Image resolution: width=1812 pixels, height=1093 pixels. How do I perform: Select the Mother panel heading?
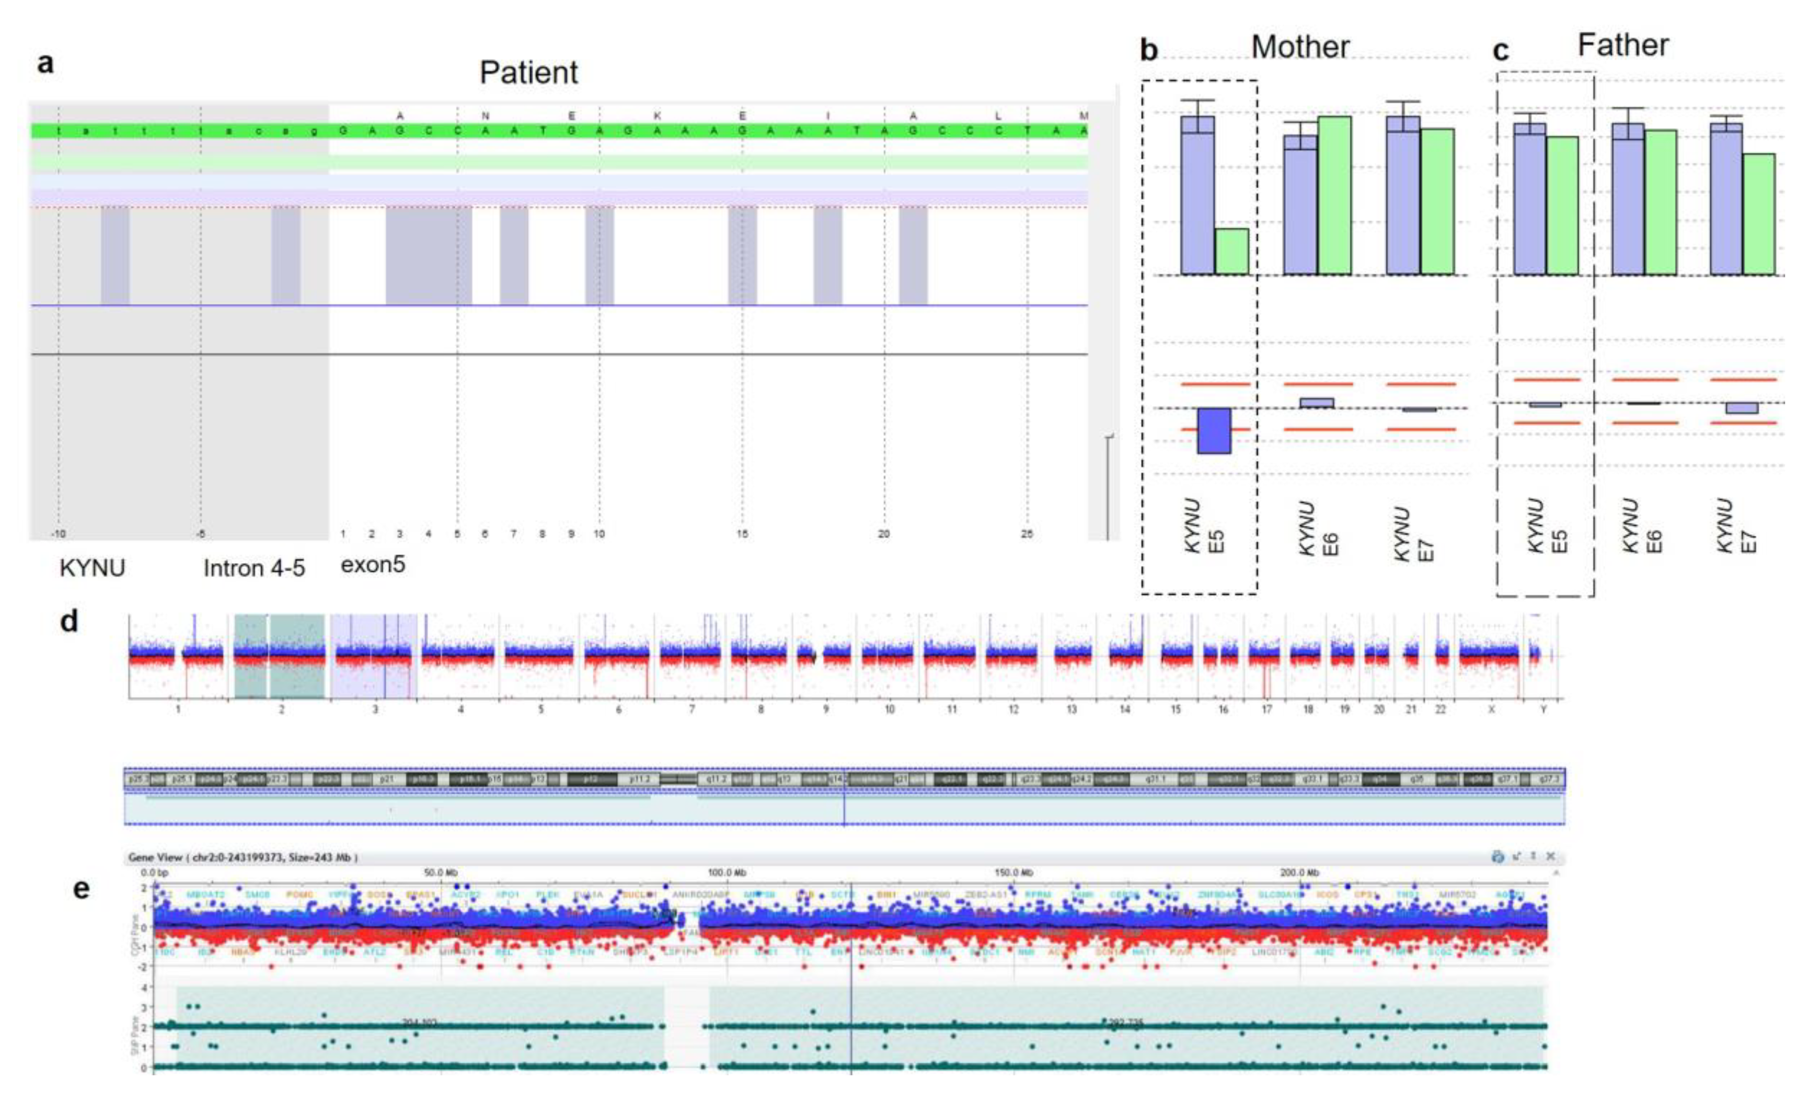(x=1300, y=47)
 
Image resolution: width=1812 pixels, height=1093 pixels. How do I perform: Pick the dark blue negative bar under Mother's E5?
(x=1214, y=431)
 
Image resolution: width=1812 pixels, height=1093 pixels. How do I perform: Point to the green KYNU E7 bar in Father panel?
(x=1758, y=214)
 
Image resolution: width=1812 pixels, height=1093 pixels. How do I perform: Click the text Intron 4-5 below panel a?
(x=254, y=568)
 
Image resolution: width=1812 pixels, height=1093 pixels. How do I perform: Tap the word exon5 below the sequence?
(x=373, y=564)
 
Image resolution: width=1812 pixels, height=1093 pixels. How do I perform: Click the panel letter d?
(x=69, y=622)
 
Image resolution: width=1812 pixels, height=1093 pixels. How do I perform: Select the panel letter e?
(x=81, y=889)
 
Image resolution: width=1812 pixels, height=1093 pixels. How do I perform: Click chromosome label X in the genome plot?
(x=1491, y=709)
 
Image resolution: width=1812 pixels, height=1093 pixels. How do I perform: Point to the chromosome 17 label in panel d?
(x=1266, y=709)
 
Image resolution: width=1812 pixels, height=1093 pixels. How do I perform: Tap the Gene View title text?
(x=243, y=857)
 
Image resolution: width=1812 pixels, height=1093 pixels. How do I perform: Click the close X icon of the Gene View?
(x=1550, y=856)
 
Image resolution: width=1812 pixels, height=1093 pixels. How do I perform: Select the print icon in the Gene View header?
(x=1497, y=856)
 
